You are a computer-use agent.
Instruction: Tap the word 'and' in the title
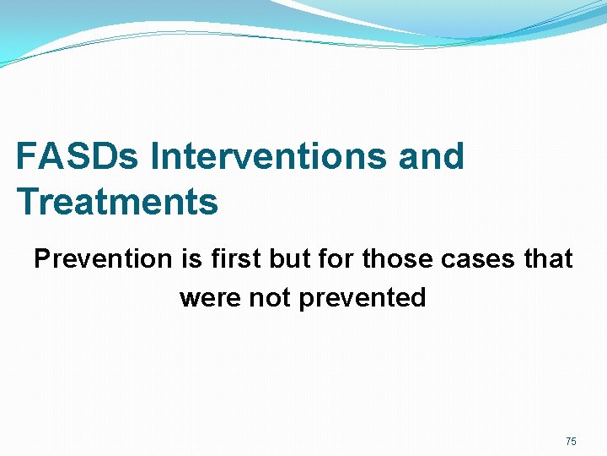point(432,157)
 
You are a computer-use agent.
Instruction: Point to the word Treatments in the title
point(117,203)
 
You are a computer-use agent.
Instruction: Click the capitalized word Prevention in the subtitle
point(102,259)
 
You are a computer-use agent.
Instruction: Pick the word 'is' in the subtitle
point(190,259)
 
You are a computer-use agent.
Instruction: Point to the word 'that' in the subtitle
point(548,259)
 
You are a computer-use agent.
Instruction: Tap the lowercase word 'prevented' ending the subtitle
point(363,298)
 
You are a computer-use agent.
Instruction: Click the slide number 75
point(571,442)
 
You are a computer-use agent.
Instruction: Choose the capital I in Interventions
point(155,157)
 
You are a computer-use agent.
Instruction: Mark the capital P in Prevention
point(42,259)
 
